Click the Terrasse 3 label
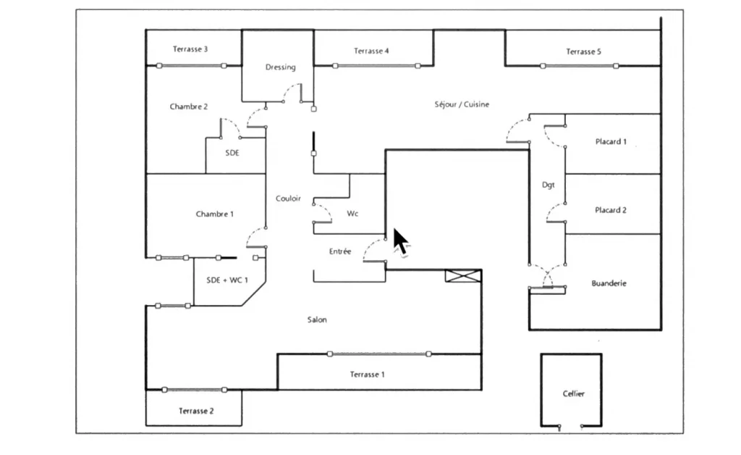coord(190,49)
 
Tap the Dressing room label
coord(280,67)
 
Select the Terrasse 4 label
coord(371,51)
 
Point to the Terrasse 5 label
coord(583,51)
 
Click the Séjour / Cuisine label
coord(462,104)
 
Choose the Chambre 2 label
coord(189,107)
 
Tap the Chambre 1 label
coord(214,214)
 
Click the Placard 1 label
coord(611,142)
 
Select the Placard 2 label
coord(611,210)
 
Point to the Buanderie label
coord(609,283)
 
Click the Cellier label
coord(573,393)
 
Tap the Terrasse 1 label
coord(367,374)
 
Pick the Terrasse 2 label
coord(196,411)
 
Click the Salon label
coord(317,320)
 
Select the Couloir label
coord(288,199)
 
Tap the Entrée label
coord(340,251)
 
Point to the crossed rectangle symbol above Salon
coord(462,275)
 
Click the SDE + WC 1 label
coord(227,280)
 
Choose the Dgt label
coord(549,185)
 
